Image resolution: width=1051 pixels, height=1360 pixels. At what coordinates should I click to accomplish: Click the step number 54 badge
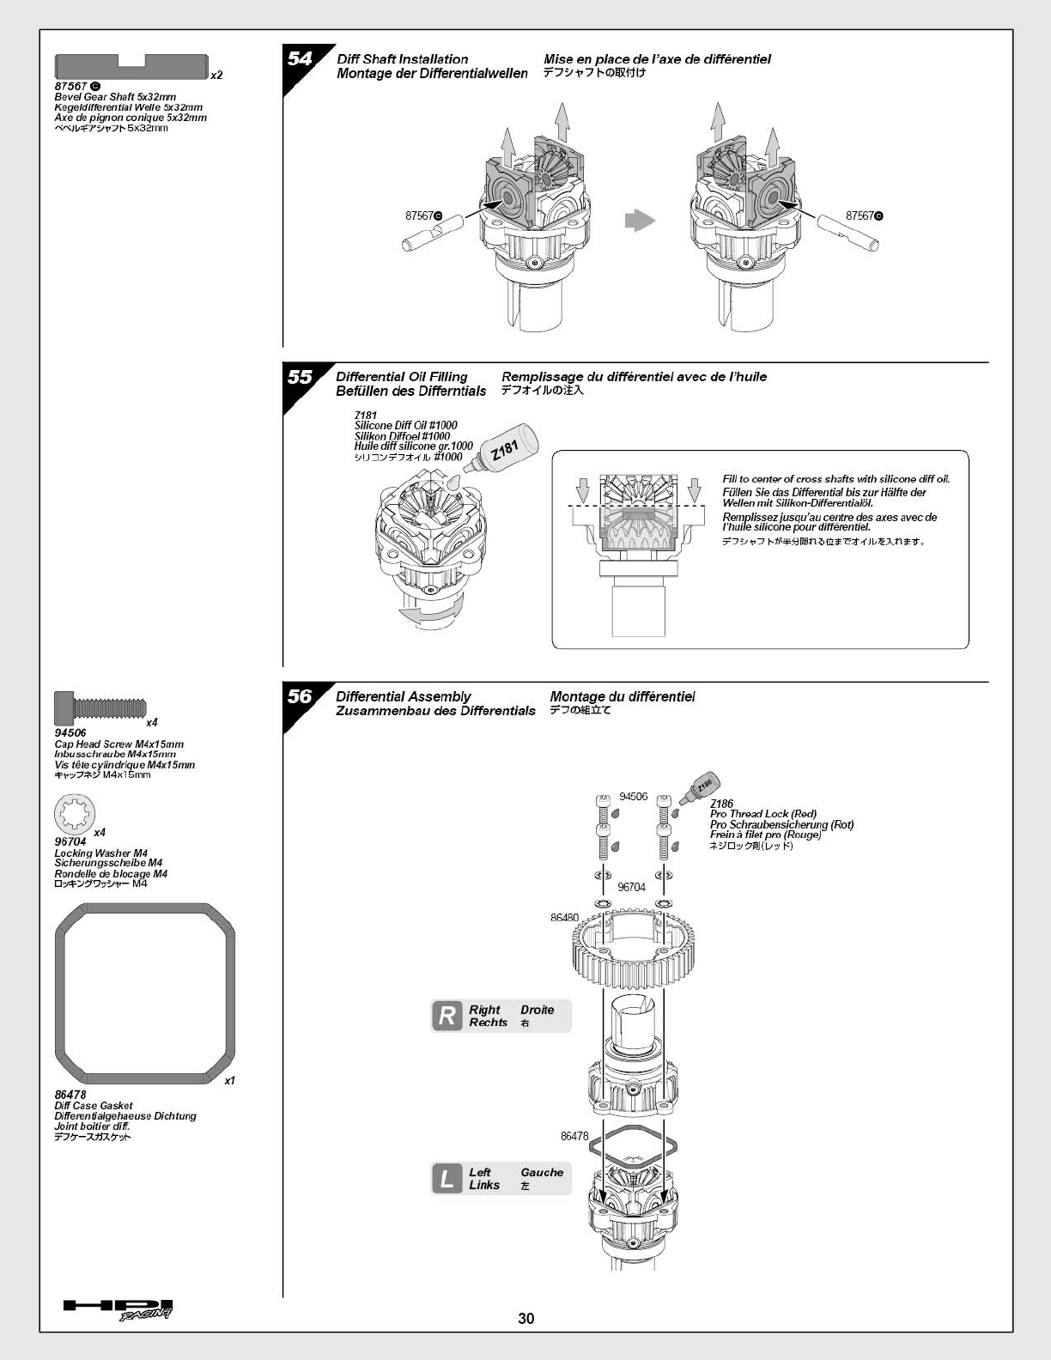(x=300, y=59)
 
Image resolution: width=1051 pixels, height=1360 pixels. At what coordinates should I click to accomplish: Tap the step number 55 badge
(x=300, y=377)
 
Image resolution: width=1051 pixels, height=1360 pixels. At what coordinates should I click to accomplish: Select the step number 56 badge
(x=300, y=696)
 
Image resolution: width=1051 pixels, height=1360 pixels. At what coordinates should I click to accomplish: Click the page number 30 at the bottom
(x=525, y=1319)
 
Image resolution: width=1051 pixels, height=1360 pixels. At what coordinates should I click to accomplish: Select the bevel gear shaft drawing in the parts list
(x=131, y=66)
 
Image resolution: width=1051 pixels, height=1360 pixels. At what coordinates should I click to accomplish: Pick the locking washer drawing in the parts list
(x=75, y=815)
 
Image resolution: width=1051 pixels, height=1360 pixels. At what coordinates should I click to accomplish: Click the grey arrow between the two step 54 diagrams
(x=640, y=221)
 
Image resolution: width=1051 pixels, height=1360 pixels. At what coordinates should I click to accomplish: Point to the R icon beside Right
(x=447, y=1017)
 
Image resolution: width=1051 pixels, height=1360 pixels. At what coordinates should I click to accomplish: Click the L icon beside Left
(x=447, y=1179)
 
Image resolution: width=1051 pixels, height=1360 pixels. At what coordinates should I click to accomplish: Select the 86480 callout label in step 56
(x=564, y=918)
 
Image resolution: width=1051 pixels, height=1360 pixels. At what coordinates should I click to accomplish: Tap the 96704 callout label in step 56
(x=631, y=887)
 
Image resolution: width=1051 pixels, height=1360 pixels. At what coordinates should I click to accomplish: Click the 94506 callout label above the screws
(x=633, y=797)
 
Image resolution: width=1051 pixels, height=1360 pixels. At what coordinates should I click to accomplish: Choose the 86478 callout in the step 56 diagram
(x=574, y=1136)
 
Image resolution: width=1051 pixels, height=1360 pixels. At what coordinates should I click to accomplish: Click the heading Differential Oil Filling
(x=402, y=377)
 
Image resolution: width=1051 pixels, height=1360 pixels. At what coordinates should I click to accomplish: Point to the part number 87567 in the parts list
(x=70, y=87)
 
